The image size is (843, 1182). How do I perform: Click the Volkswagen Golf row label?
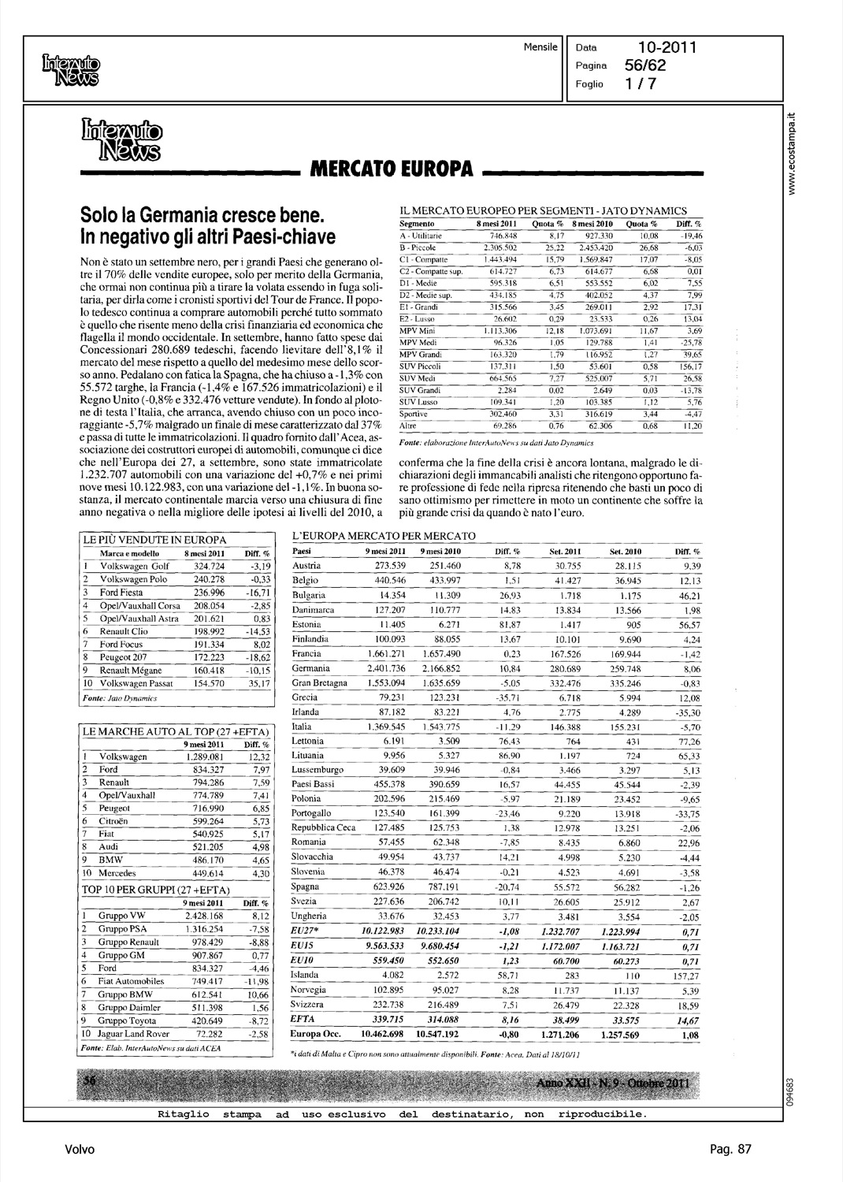(x=134, y=566)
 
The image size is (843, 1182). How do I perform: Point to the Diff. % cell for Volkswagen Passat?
(x=259, y=683)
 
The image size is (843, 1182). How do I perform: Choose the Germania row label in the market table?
(x=310, y=668)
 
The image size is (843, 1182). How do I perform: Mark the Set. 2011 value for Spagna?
(x=563, y=886)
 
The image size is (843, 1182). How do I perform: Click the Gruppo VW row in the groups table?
(x=122, y=916)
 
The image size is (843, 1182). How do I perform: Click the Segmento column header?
(x=418, y=224)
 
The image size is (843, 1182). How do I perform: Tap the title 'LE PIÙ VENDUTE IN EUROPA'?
(x=155, y=540)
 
